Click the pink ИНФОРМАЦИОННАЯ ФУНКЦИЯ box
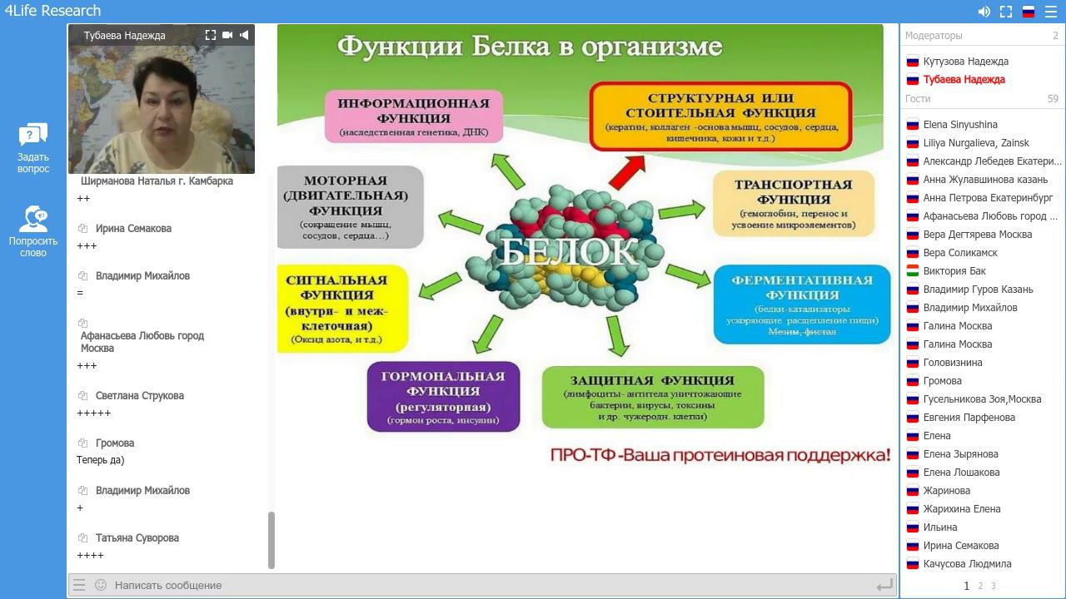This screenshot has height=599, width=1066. click(x=414, y=116)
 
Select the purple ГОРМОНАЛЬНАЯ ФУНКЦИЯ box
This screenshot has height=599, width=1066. click(x=443, y=397)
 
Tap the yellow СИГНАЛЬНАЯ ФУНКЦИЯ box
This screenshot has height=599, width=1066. click(x=342, y=309)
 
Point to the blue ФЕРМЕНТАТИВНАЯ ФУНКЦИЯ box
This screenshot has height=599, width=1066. click(x=801, y=304)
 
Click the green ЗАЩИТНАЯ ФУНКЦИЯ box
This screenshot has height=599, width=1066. click(x=652, y=397)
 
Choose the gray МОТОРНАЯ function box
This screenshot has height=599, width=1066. click(x=350, y=207)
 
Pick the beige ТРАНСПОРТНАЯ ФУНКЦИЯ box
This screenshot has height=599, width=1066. click(x=793, y=204)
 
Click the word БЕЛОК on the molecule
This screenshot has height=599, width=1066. click(x=568, y=250)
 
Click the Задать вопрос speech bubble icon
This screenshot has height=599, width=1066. click(x=33, y=135)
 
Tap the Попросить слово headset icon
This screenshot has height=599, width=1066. click(x=33, y=219)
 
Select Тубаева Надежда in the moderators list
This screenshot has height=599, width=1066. click(x=964, y=80)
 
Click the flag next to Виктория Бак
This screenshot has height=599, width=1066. click(x=912, y=271)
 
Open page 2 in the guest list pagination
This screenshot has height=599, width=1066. click(x=980, y=586)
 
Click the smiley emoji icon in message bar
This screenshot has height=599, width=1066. click(x=101, y=585)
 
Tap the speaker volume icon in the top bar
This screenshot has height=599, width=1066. click(x=984, y=12)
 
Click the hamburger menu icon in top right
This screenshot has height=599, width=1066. click(x=1050, y=12)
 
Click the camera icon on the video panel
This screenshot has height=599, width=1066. click(x=227, y=35)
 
